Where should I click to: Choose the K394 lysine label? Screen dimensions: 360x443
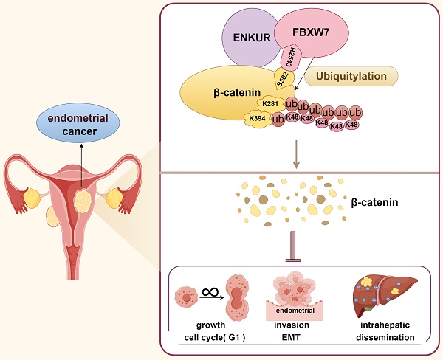point(256,118)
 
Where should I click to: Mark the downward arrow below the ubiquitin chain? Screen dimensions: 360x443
point(296,150)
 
